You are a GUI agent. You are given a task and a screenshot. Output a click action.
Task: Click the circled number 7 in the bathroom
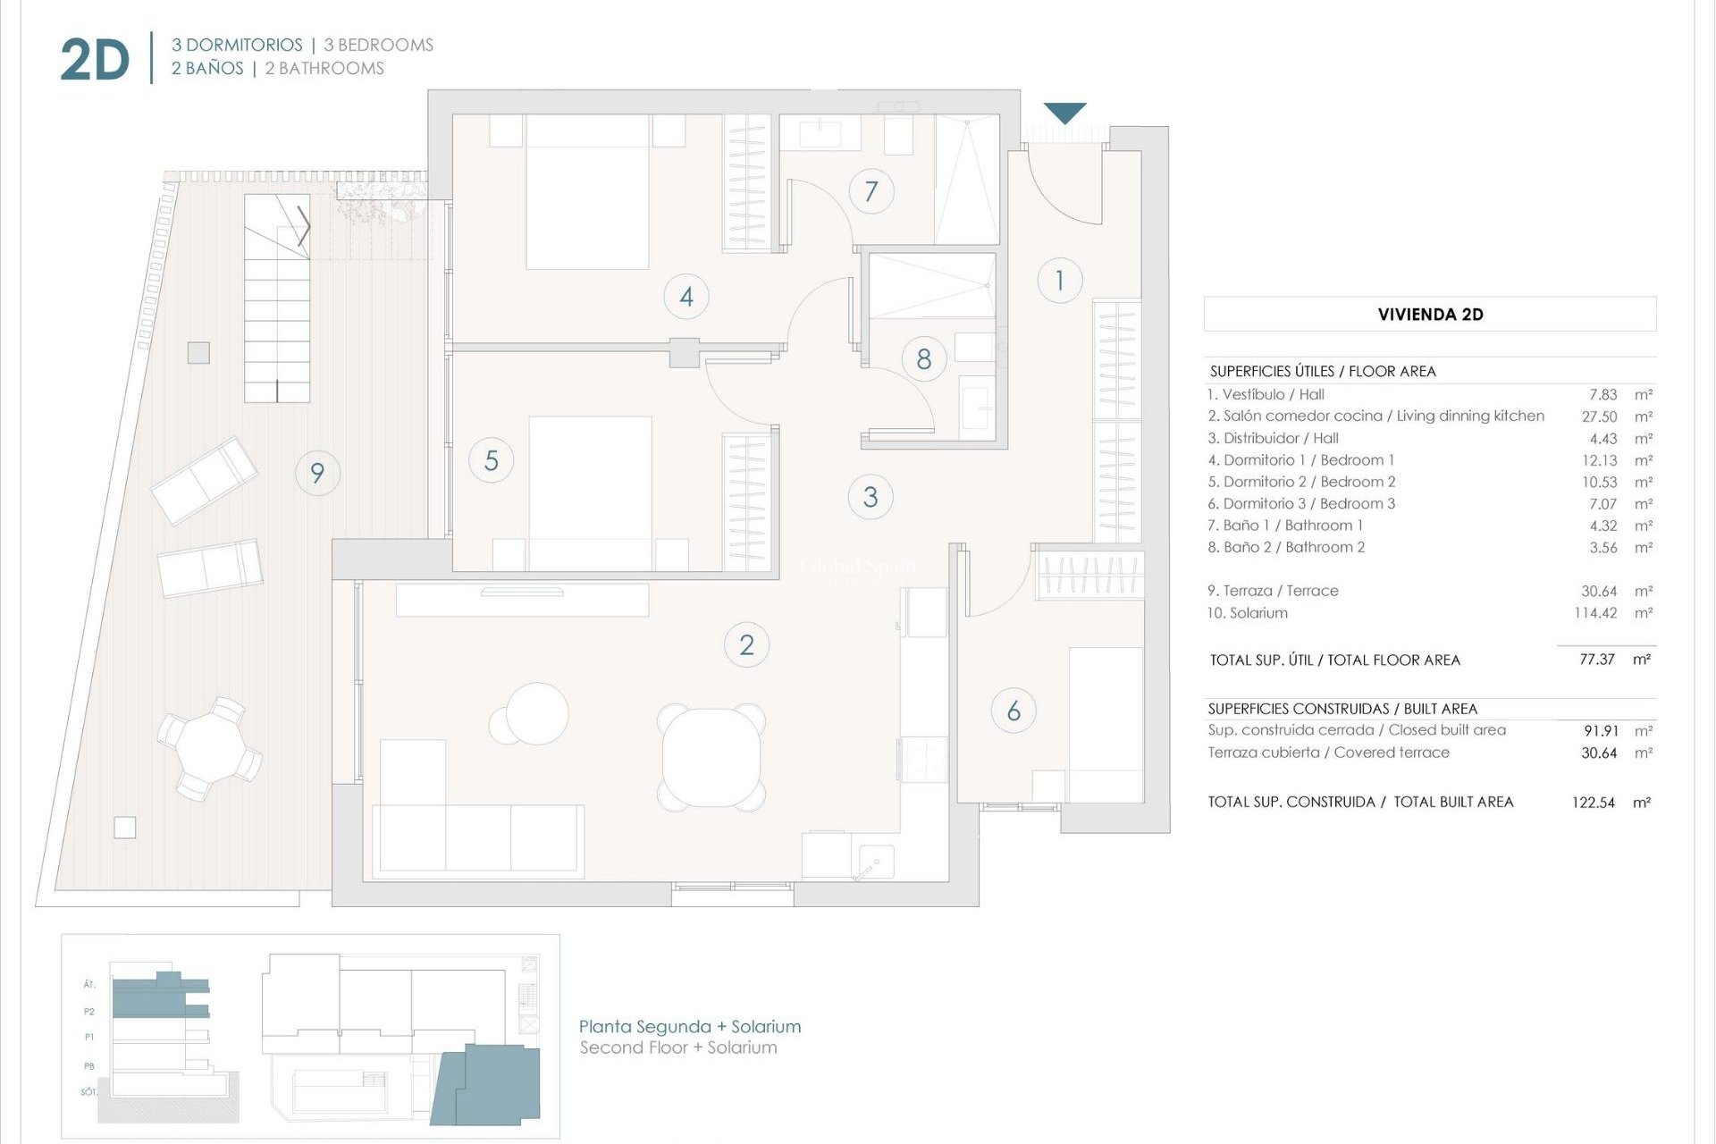pyautogui.click(x=871, y=190)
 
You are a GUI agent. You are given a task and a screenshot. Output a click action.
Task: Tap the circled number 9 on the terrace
pyautogui.click(x=317, y=472)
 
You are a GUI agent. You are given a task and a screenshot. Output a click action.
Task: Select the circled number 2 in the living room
pyautogui.click(x=746, y=644)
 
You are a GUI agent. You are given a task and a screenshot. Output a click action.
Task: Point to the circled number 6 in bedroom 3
pyautogui.click(x=1014, y=711)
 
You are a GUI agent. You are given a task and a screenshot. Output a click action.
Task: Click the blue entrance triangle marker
pyautogui.click(x=1064, y=113)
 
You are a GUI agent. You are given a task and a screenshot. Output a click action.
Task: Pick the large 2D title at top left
pyautogui.click(x=95, y=60)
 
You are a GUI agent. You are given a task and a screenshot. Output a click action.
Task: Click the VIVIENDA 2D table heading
pyautogui.click(x=1429, y=315)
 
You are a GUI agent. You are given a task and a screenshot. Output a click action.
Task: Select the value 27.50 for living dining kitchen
pyautogui.click(x=1599, y=416)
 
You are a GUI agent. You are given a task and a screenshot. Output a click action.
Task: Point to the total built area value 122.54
pyautogui.click(x=1593, y=803)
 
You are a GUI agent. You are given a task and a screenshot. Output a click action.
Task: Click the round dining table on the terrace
pyautogui.click(x=208, y=748)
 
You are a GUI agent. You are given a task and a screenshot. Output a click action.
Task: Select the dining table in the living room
pyautogui.click(x=711, y=756)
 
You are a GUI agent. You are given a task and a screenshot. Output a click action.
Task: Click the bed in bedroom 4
pyautogui.click(x=587, y=192)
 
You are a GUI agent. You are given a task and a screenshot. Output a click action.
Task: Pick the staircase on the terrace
pyautogui.click(x=277, y=299)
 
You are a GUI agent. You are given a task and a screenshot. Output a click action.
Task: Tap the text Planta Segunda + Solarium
pyautogui.click(x=689, y=1027)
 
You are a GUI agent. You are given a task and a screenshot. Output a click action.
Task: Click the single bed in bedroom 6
pyautogui.click(x=1106, y=724)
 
